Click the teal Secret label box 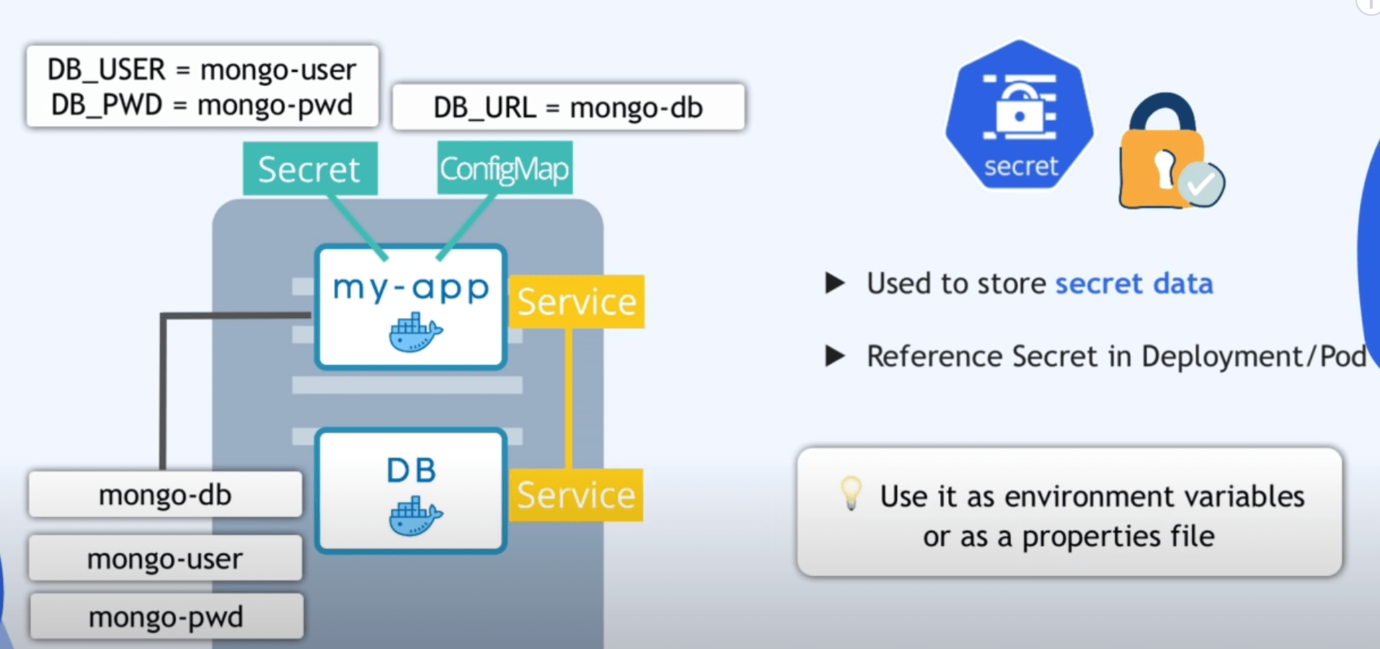[310, 169]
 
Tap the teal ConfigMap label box [505, 169]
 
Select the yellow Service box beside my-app [577, 301]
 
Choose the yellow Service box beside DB [575, 495]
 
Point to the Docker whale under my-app [415, 332]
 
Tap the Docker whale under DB [415, 516]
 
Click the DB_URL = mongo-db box [568, 107]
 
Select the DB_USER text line [202, 70]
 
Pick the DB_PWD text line [202, 105]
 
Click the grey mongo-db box [165, 495]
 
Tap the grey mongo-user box [165, 558]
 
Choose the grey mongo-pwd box [166, 617]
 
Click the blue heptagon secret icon [1019, 115]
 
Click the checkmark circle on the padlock [1202, 185]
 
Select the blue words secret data [1134, 283]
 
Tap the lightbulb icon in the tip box [851, 492]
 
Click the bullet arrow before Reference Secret [835, 356]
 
